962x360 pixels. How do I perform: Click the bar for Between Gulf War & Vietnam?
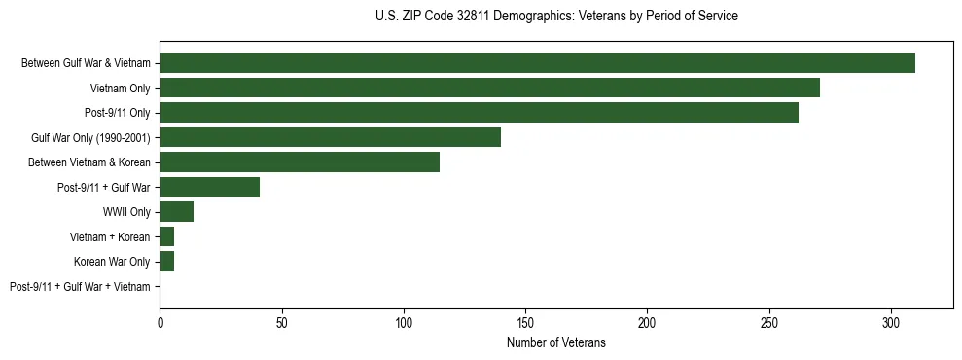537,63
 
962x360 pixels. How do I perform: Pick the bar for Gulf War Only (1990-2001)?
330,137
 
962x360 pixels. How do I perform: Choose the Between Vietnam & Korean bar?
300,162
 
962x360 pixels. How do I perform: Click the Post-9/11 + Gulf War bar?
209,187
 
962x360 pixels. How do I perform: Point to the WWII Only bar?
176,212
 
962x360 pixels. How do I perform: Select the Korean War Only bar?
166,262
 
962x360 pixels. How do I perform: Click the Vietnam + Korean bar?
166,236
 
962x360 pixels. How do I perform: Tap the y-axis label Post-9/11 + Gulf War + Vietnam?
80,287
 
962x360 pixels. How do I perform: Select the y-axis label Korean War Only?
112,262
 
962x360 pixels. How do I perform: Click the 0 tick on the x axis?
160,321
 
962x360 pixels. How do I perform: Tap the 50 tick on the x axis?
281,321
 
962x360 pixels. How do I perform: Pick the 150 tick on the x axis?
525,321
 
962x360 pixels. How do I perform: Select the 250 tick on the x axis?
769,321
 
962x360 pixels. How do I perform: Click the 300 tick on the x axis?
891,321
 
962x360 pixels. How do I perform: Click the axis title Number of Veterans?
555,342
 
